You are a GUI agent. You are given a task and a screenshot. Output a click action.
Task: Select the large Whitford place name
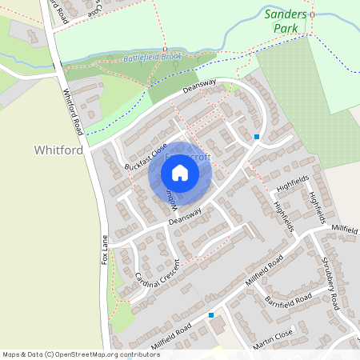59,150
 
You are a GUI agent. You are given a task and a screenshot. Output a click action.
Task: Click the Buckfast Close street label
144,157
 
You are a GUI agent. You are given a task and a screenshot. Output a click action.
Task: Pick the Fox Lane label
104,250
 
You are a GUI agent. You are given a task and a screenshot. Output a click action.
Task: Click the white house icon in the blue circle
180,172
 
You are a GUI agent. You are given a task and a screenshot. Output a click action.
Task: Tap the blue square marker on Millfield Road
211,315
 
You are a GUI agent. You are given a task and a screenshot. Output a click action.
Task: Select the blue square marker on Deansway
257,137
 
